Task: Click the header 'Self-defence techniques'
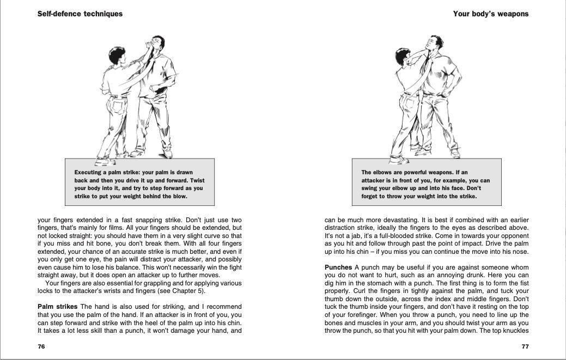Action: pyautogui.click(x=80, y=14)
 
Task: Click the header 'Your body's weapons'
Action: pyautogui.click(x=490, y=14)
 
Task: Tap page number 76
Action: pyautogui.click(x=41, y=346)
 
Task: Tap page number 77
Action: pyautogui.click(x=525, y=346)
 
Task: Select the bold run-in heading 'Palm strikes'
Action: pyautogui.click(x=58, y=307)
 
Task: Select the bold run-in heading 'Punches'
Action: pyautogui.click(x=338, y=267)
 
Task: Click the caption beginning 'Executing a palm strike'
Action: pyautogui.click(x=139, y=184)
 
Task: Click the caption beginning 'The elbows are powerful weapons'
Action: pyautogui.click(x=425, y=184)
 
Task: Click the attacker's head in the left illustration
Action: pyautogui.click(x=157, y=44)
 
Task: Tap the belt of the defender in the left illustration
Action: pyautogui.click(x=118, y=96)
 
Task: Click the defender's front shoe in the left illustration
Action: pyautogui.click(x=104, y=161)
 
